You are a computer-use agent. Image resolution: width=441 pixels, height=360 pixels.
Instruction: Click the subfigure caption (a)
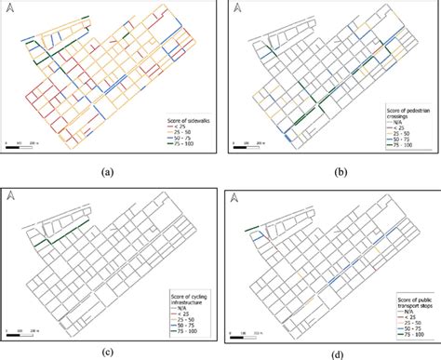tap(109, 171)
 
